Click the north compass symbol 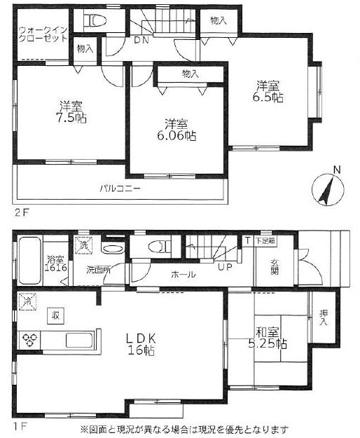pos(328,189)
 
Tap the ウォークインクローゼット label pos(43,34)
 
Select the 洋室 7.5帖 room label pos(71,112)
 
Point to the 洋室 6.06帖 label pos(176,130)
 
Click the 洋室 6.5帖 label pos(268,92)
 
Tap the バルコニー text pos(120,189)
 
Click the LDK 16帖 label pos(141,344)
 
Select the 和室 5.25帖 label pos(268,338)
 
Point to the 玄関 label pos(275,267)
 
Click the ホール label pos(183,275)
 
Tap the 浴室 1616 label pos(57,264)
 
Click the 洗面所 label pos(98,270)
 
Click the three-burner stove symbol pos(29,339)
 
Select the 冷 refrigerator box pos(27,301)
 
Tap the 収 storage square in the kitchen pos(56,316)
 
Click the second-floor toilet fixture pos(95,20)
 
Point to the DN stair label pos(141,41)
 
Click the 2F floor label pos(22,213)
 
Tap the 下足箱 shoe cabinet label pos(265,241)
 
